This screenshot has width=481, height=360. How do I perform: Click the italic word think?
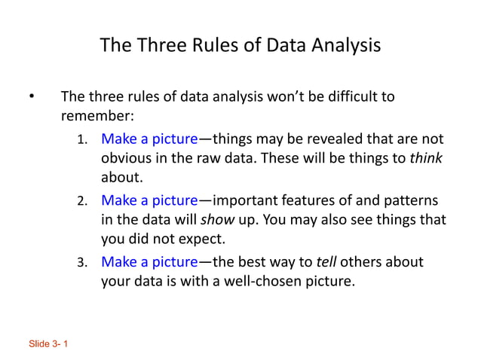tap(426, 159)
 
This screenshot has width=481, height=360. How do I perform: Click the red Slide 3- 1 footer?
tap(48, 344)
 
